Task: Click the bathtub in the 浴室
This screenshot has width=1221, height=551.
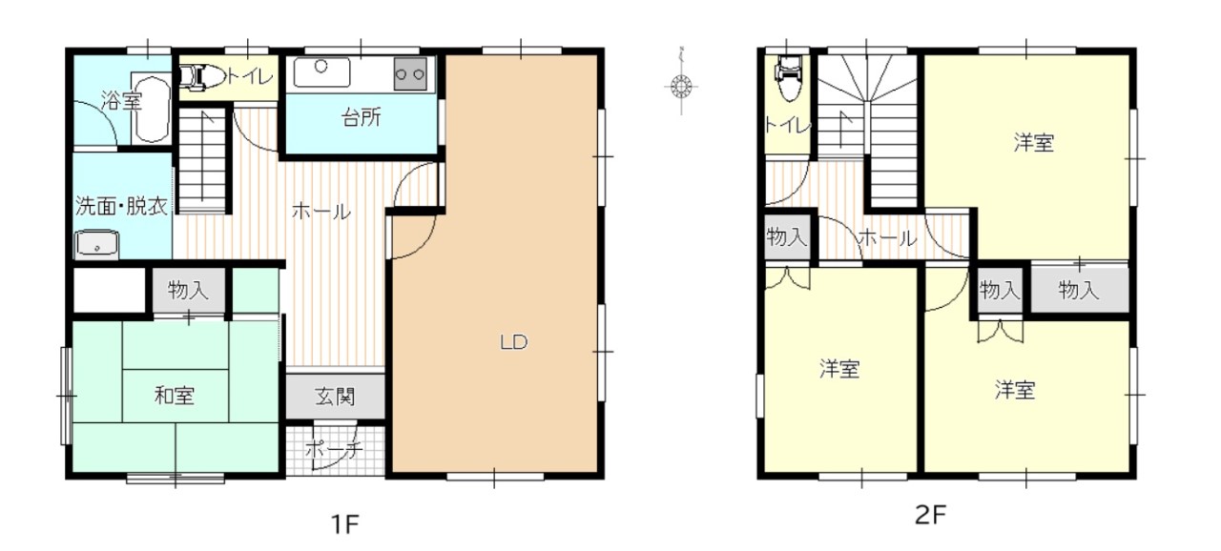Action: coord(152,110)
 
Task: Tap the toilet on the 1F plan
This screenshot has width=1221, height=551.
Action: coord(200,77)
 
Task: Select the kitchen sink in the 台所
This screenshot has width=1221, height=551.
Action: coord(321,72)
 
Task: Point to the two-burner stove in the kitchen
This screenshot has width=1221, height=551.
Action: coord(410,74)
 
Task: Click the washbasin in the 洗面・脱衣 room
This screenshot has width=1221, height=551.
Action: coord(97,244)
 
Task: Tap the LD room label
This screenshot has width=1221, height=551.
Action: coord(513,342)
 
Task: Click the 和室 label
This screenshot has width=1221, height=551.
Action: coord(175,396)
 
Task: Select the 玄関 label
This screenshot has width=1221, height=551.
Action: coord(335,397)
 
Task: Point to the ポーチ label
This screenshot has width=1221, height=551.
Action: coord(334,450)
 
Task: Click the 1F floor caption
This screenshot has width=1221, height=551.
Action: coord(345,524)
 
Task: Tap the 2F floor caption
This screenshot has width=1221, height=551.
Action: coord(930,515)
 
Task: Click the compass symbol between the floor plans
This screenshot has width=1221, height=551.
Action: coord(681,86)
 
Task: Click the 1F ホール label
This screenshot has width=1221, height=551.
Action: coord(321,212)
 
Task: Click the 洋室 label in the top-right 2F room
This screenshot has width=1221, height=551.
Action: coord(1033,143)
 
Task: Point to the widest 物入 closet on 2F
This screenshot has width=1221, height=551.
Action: coord(1079,290)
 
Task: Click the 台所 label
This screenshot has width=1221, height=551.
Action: coord(361,117)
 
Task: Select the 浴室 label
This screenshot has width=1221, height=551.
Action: coord(121,101)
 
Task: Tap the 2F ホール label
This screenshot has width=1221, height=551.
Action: coord(887,238)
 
